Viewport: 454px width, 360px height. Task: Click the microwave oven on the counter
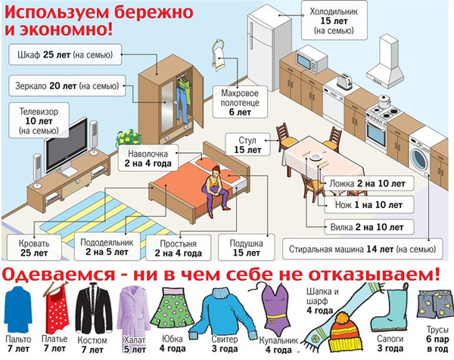pyautogui.click(x=312, y=61)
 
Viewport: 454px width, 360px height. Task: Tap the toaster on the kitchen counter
pyautogui.click(x=344, y=81)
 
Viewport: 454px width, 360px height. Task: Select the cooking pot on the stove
pyautogui.click(x=384, y=101)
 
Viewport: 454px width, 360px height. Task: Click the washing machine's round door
pyautogui.click(x=418, y=160)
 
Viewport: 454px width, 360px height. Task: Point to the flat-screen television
pyautogui.click(x=66, y=145)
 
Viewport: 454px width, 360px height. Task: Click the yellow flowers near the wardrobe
pyautogui.click(x=129, y=137)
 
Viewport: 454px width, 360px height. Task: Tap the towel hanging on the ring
pyautogui.click(x=219, y=59)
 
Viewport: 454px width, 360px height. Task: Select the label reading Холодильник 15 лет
pyautogui.click(x=334, y=20)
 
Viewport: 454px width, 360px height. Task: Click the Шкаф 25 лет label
pyautogui.click(x=65, y=54)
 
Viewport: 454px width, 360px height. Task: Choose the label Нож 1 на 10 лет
pyautogui.click(x=368, y=205)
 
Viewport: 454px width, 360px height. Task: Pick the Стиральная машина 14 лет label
pyautogui.click(x=362, y=249)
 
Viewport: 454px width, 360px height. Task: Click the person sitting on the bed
pyautogui.click(x=215, y=190)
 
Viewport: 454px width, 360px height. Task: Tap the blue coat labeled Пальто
pyautogui.click(x=18, y=309)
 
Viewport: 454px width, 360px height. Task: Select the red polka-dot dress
pyautogui.click(x=58, y=313)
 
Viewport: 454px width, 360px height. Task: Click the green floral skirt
pyautogui.click(x=173, y=308)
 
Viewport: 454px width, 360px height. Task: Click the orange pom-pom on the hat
pyautogui.click(x=343, y=318)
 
